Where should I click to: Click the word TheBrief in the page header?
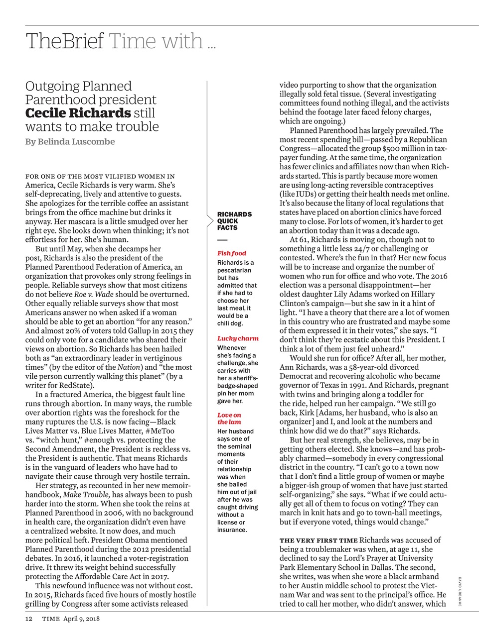[x=64, y=41]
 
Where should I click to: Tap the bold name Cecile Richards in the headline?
[x=78, y=113]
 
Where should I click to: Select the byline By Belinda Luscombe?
[x=70, y=142]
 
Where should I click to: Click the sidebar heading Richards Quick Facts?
[x=234, y=221]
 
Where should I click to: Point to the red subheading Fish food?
[x=231, y=253]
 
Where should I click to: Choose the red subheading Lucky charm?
[x=238, y=338]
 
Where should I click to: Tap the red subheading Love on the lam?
[x=229, y=419]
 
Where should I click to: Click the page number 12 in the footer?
[x=29, y=619]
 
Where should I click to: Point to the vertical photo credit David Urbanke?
[x=460, y=591]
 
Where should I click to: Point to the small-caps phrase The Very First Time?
[x=319, y=540]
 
